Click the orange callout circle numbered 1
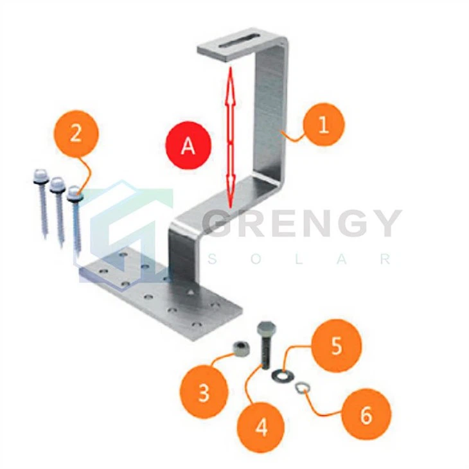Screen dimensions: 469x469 [323, 125]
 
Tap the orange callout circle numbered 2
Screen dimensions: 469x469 [76, 134]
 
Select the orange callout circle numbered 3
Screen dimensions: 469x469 [204, 392]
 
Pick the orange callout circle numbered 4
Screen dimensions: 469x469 [261, 427]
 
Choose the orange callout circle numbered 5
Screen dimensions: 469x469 [336, 346]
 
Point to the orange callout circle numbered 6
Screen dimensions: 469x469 [366, 414]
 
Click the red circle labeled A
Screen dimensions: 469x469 [189, 145]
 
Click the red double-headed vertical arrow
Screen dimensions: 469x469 [230, 137]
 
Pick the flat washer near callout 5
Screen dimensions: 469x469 [283, 376]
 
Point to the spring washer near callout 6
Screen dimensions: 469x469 [302, 388]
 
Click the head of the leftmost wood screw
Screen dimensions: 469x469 [40, 177]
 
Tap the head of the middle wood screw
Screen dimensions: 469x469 [57, 184]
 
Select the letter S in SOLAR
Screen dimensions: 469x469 [212, 259]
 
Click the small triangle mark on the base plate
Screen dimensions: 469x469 [190, 292]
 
